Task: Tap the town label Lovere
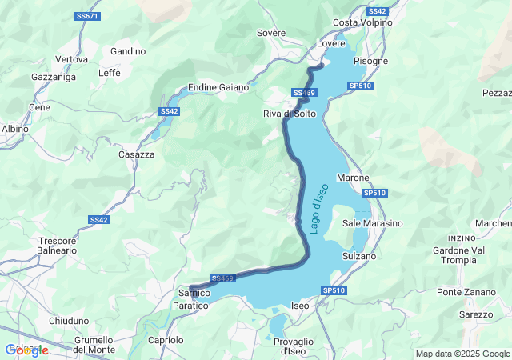(x=330, y=43)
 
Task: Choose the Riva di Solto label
(x=290, y=114)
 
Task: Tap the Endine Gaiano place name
(x=218, y=87)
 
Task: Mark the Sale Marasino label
(x=372, y=223)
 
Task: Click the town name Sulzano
(x=358, y=256)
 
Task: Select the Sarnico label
(x=193, y=294)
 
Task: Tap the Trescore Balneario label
(x=58, y=245)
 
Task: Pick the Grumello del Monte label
(x=94, y=345)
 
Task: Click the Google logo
(x=26, y=350)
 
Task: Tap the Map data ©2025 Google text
(x=462, y=354)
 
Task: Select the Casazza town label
(x=136, y=154)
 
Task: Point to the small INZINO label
(x=462, y=238)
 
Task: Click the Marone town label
(x=353, y=178)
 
